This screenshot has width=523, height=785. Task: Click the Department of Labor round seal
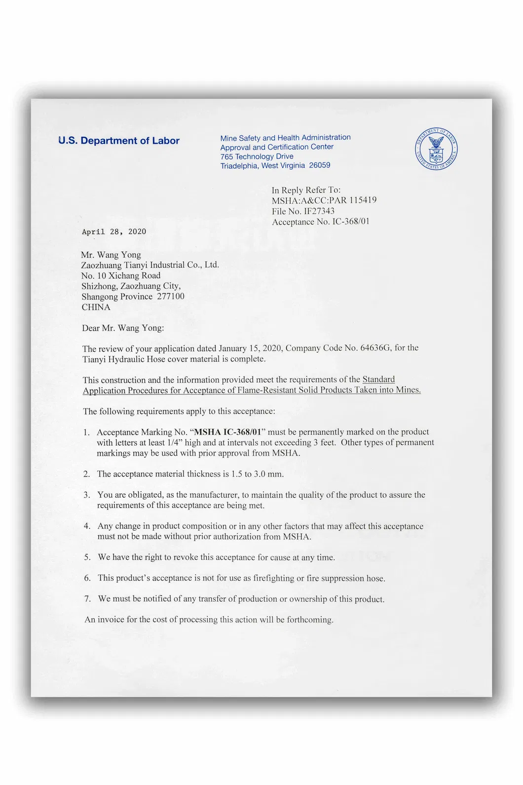coord(436,149)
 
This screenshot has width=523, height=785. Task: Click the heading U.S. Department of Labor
coord(119,141)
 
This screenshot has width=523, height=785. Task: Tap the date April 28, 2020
coord(114,232)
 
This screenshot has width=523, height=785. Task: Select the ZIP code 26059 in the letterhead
coord(320,165)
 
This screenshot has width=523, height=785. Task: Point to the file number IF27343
coord(319,211)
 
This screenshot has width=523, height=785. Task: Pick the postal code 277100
coord(171,296)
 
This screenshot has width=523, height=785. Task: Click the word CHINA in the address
coord(96,307)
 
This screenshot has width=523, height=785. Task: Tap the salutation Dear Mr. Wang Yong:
coord(123,328)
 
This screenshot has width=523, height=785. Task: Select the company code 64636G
coord(375,348)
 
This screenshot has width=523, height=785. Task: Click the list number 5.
coord(87,557)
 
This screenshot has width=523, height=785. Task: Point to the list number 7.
coord(88,599)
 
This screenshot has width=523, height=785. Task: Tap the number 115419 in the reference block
coord(363,200)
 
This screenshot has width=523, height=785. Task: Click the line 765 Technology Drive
coord(257,156)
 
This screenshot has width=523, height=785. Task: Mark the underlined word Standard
coord(378,379)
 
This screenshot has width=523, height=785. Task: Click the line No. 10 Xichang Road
coord(121,275)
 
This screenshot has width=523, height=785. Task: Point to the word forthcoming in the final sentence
coord(310,620)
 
